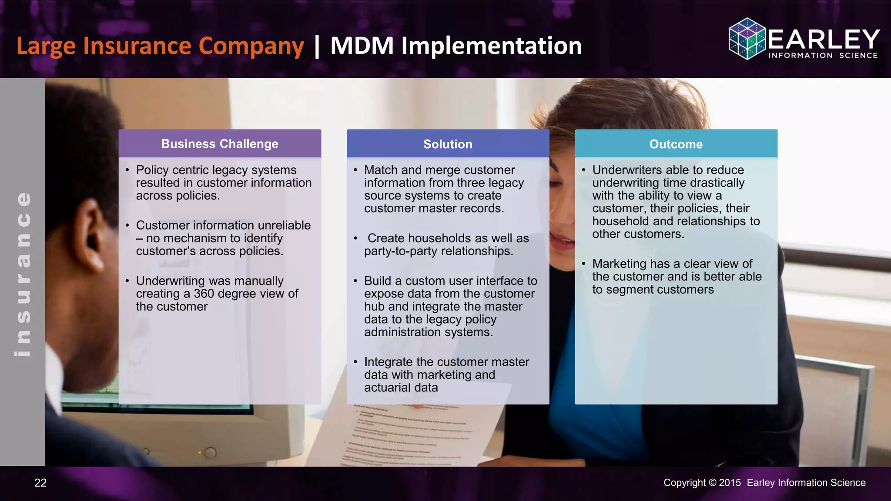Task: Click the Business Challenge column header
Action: click(220, 144)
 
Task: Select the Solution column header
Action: click(448, 144)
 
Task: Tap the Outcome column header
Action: click(676, 144)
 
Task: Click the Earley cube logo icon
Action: click(747, 39)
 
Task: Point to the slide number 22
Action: click(40, 483)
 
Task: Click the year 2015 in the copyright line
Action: click(730, 483)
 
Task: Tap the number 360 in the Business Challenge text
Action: click(204, 294)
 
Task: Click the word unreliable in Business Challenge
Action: click(284, 225)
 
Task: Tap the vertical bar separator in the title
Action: click(317, 46)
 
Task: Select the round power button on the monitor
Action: click(210, 453)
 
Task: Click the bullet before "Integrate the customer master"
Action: click(355, 362)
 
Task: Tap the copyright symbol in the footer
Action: click(712, 483)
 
